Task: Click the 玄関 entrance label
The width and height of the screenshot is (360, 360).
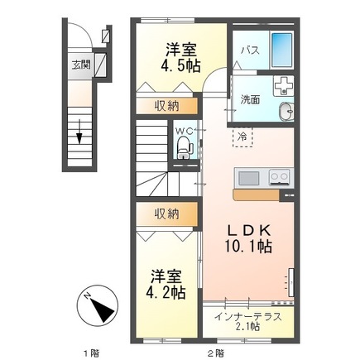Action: (x=79, y=64)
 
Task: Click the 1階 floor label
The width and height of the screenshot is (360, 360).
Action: (x=95, y=353)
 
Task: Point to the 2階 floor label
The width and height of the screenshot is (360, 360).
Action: (x=214, y=353)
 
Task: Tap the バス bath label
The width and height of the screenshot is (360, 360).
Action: (x=249, y=50)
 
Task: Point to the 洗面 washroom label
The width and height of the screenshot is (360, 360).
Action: (x=251, y=99)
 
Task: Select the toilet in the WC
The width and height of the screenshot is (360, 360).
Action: (x=184, y=149)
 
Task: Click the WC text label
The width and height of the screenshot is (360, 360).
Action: (x=184, y=129)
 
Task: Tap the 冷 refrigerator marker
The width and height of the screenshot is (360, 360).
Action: (x=242, y=137)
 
